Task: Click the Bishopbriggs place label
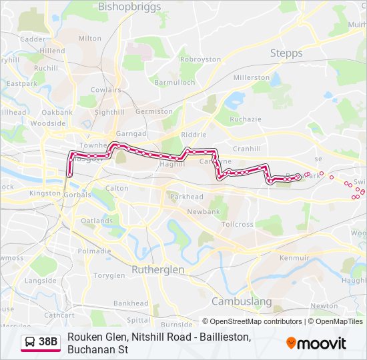click(129, 7)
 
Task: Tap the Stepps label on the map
click(286, 53)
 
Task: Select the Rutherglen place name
click(157, 269)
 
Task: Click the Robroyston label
click(200, 59)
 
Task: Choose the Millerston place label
click(251, 78)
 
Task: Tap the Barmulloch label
click(174, 83)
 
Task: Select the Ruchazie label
click(246, 120)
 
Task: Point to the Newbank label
click(203, 211)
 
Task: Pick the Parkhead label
click(186, 197)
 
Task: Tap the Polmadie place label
click(94, 251)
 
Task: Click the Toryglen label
click(109, 275)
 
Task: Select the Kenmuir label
click(294, 257)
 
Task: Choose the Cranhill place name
click(247, 149)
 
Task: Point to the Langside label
click(40, 281)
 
